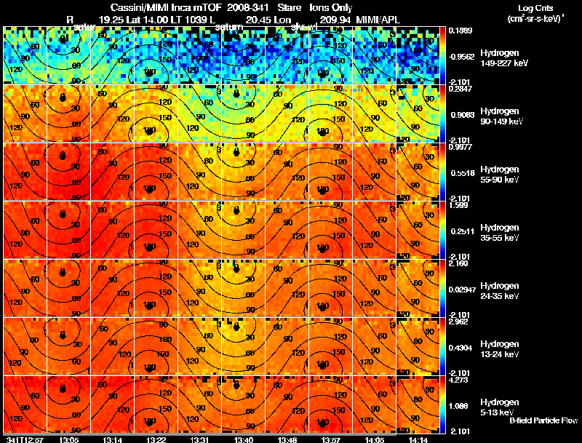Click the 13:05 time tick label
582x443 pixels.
(70, 439)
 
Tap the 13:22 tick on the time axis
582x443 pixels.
(156, 439)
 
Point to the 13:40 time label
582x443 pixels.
(244, 439)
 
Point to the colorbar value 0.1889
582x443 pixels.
(461, 30)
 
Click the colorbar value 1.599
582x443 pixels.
(458, 205)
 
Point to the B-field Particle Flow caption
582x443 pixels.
(543, 420)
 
